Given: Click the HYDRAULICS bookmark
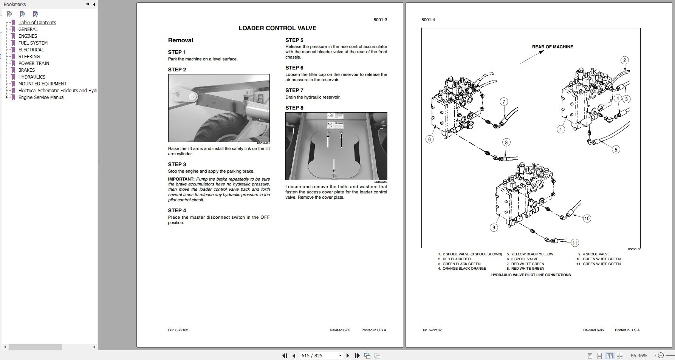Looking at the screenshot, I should [32, 77].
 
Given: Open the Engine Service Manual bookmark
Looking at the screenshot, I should [41, 97].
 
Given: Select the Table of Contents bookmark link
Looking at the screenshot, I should [37, 22].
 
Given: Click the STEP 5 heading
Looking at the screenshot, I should [294, 40].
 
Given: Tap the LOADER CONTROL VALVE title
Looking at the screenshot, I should [277, 28].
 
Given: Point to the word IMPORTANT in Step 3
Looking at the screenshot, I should [181, 179].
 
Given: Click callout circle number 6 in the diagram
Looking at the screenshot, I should [429, 139].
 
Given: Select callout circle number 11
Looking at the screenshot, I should [574, 243].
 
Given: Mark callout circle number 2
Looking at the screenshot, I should [624, 60].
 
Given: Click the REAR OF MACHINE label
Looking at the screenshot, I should [552, 47].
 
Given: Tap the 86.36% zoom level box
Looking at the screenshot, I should [639, 355].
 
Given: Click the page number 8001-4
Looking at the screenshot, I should [428, 20].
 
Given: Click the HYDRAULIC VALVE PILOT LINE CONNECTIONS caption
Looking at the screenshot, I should [531, 275].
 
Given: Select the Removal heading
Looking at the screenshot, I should [180, 40].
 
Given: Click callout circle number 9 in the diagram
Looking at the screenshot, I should [493, 227].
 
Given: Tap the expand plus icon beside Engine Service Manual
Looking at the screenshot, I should [6, 97].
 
